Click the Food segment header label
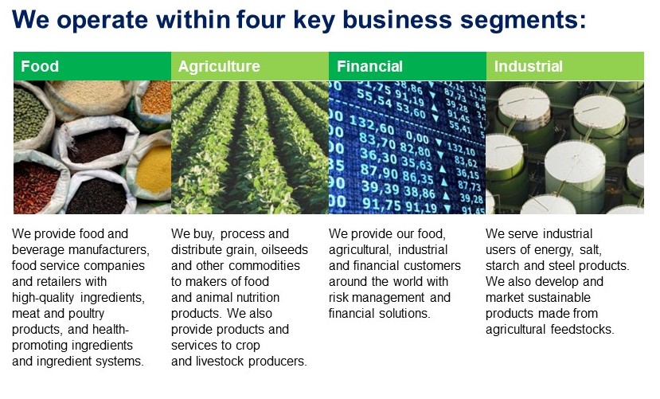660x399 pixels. coord(40,66)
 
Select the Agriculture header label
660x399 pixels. coord(219,66)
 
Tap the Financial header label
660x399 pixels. coord(369,66)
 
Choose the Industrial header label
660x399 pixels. coord(529,66)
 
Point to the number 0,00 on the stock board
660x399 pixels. coord(417,137)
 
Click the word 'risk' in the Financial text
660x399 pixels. coord(338,298)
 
